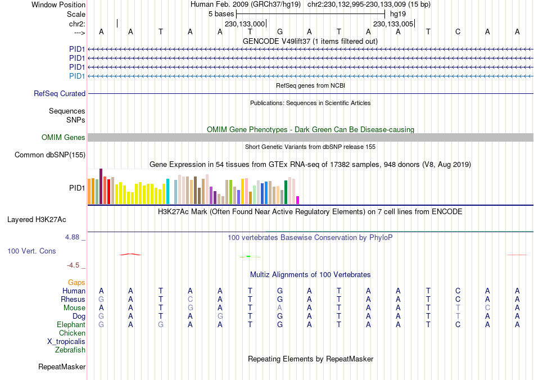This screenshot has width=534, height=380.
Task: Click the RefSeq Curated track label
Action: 60,94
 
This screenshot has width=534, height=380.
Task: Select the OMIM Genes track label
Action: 64,138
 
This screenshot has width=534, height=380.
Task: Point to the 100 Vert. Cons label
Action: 31,251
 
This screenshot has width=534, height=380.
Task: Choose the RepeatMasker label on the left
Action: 62,367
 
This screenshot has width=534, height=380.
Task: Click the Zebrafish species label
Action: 70,350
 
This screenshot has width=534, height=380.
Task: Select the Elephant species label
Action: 71,325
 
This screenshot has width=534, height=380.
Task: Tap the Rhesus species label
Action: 73,300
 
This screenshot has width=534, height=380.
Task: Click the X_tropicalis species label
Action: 66,342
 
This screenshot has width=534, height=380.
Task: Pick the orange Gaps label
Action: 76,283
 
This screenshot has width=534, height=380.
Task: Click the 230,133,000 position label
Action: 245,24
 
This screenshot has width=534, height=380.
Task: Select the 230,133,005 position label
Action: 393,24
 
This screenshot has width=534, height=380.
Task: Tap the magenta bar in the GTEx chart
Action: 298,200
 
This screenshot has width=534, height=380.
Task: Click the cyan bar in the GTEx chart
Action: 168,192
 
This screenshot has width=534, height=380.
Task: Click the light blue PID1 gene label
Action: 77,76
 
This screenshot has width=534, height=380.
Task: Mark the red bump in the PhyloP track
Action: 130,254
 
